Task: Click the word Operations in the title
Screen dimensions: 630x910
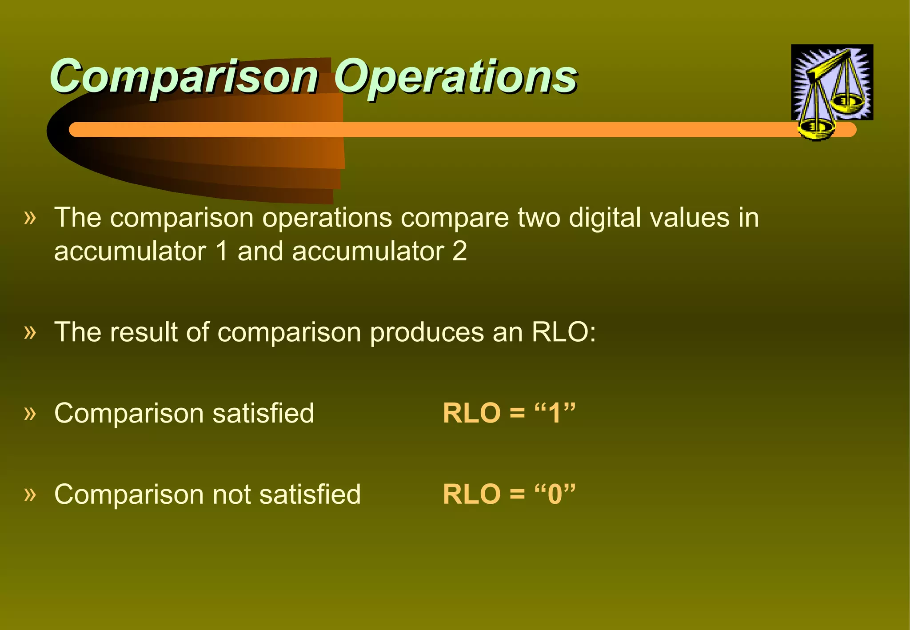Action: click(455, 76)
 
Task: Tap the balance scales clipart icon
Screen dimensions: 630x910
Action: click(832, 84)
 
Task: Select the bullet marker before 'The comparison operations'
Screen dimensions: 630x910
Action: click(30, 218)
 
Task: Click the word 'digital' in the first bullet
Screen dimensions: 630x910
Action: click(604, 219)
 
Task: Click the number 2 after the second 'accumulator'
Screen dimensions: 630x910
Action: click(459, 251)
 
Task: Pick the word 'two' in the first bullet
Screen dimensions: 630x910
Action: click(539, 219)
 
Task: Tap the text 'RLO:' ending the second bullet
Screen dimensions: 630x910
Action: click(563, 332)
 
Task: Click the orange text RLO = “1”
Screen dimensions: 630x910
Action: click(509, 413)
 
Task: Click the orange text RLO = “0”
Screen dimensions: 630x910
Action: click(509, 494)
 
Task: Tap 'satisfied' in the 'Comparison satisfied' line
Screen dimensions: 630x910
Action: click(263, 413)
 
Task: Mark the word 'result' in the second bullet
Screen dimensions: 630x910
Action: click(144, 332)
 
